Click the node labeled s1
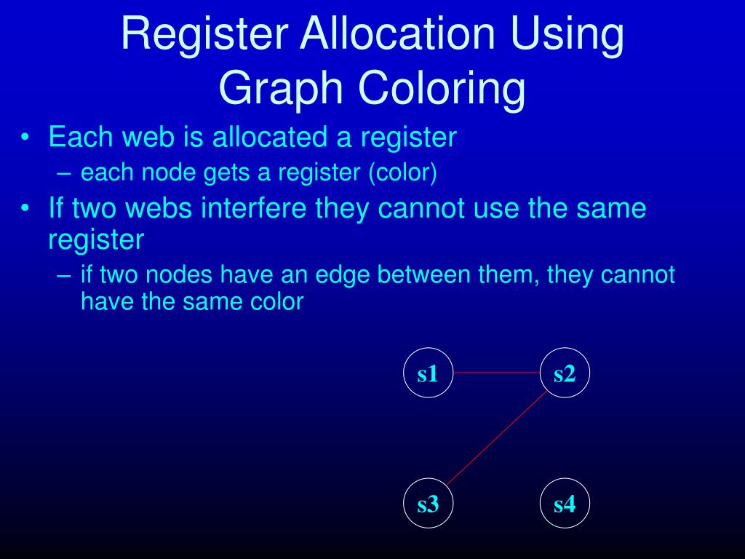[428, 374]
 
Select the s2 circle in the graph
[565, 374]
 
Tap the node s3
[428, 504]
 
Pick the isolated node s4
[565, 504]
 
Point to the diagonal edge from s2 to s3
[496, 439]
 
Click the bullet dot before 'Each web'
[27, 138]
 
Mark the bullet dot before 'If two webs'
[27, 210]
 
